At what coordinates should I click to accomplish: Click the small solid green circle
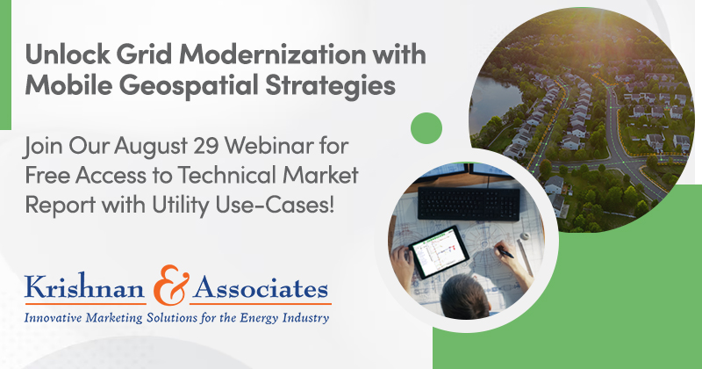pyautogui.click(x=426, y=128)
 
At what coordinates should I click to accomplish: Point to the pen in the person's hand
pyautogui.click(x=504, y=252)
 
